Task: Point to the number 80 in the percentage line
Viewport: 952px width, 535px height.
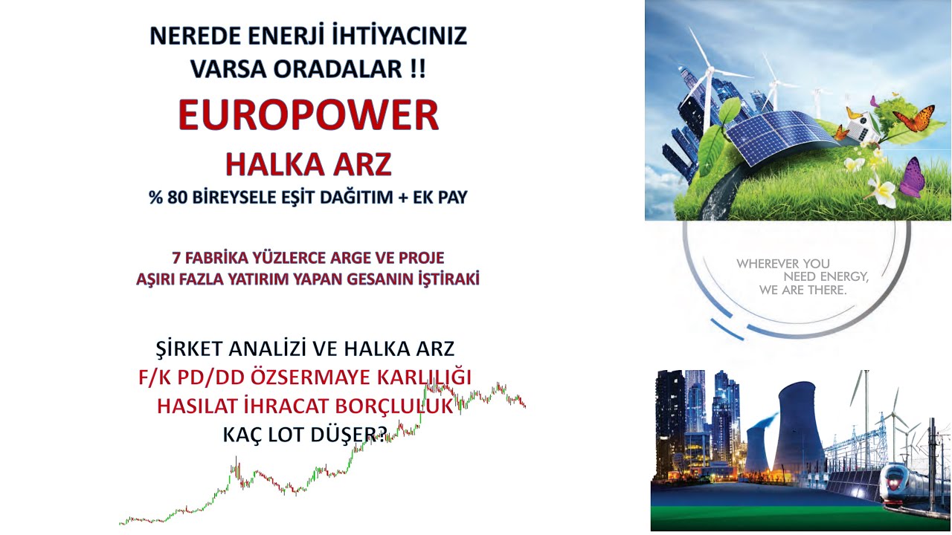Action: pos(181,198)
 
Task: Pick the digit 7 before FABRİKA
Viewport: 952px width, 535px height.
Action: pos(176,259)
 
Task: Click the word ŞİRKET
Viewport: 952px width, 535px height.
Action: pos(194,348)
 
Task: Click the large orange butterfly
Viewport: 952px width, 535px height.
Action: pos(913,119)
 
